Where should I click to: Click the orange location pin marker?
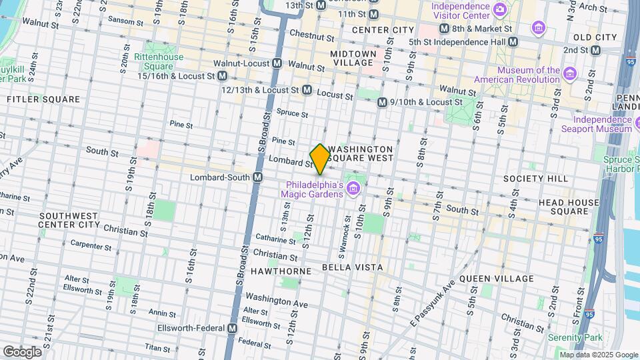click(320, 159)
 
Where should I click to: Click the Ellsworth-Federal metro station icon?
click(233, 329)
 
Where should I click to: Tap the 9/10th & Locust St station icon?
click(382, 103)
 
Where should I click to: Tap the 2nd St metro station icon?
click(595, 50)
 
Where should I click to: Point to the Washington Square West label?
click(364, 153)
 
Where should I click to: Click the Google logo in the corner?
click(21, 351)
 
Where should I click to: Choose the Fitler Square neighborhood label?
click(43, 99)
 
